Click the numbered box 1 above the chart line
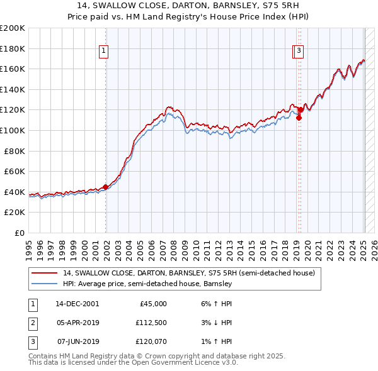click(x=103, y=52)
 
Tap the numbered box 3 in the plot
click(x=299, y=52)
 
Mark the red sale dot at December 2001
click(x=105, y=186)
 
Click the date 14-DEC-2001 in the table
click(x=77, y=304)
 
